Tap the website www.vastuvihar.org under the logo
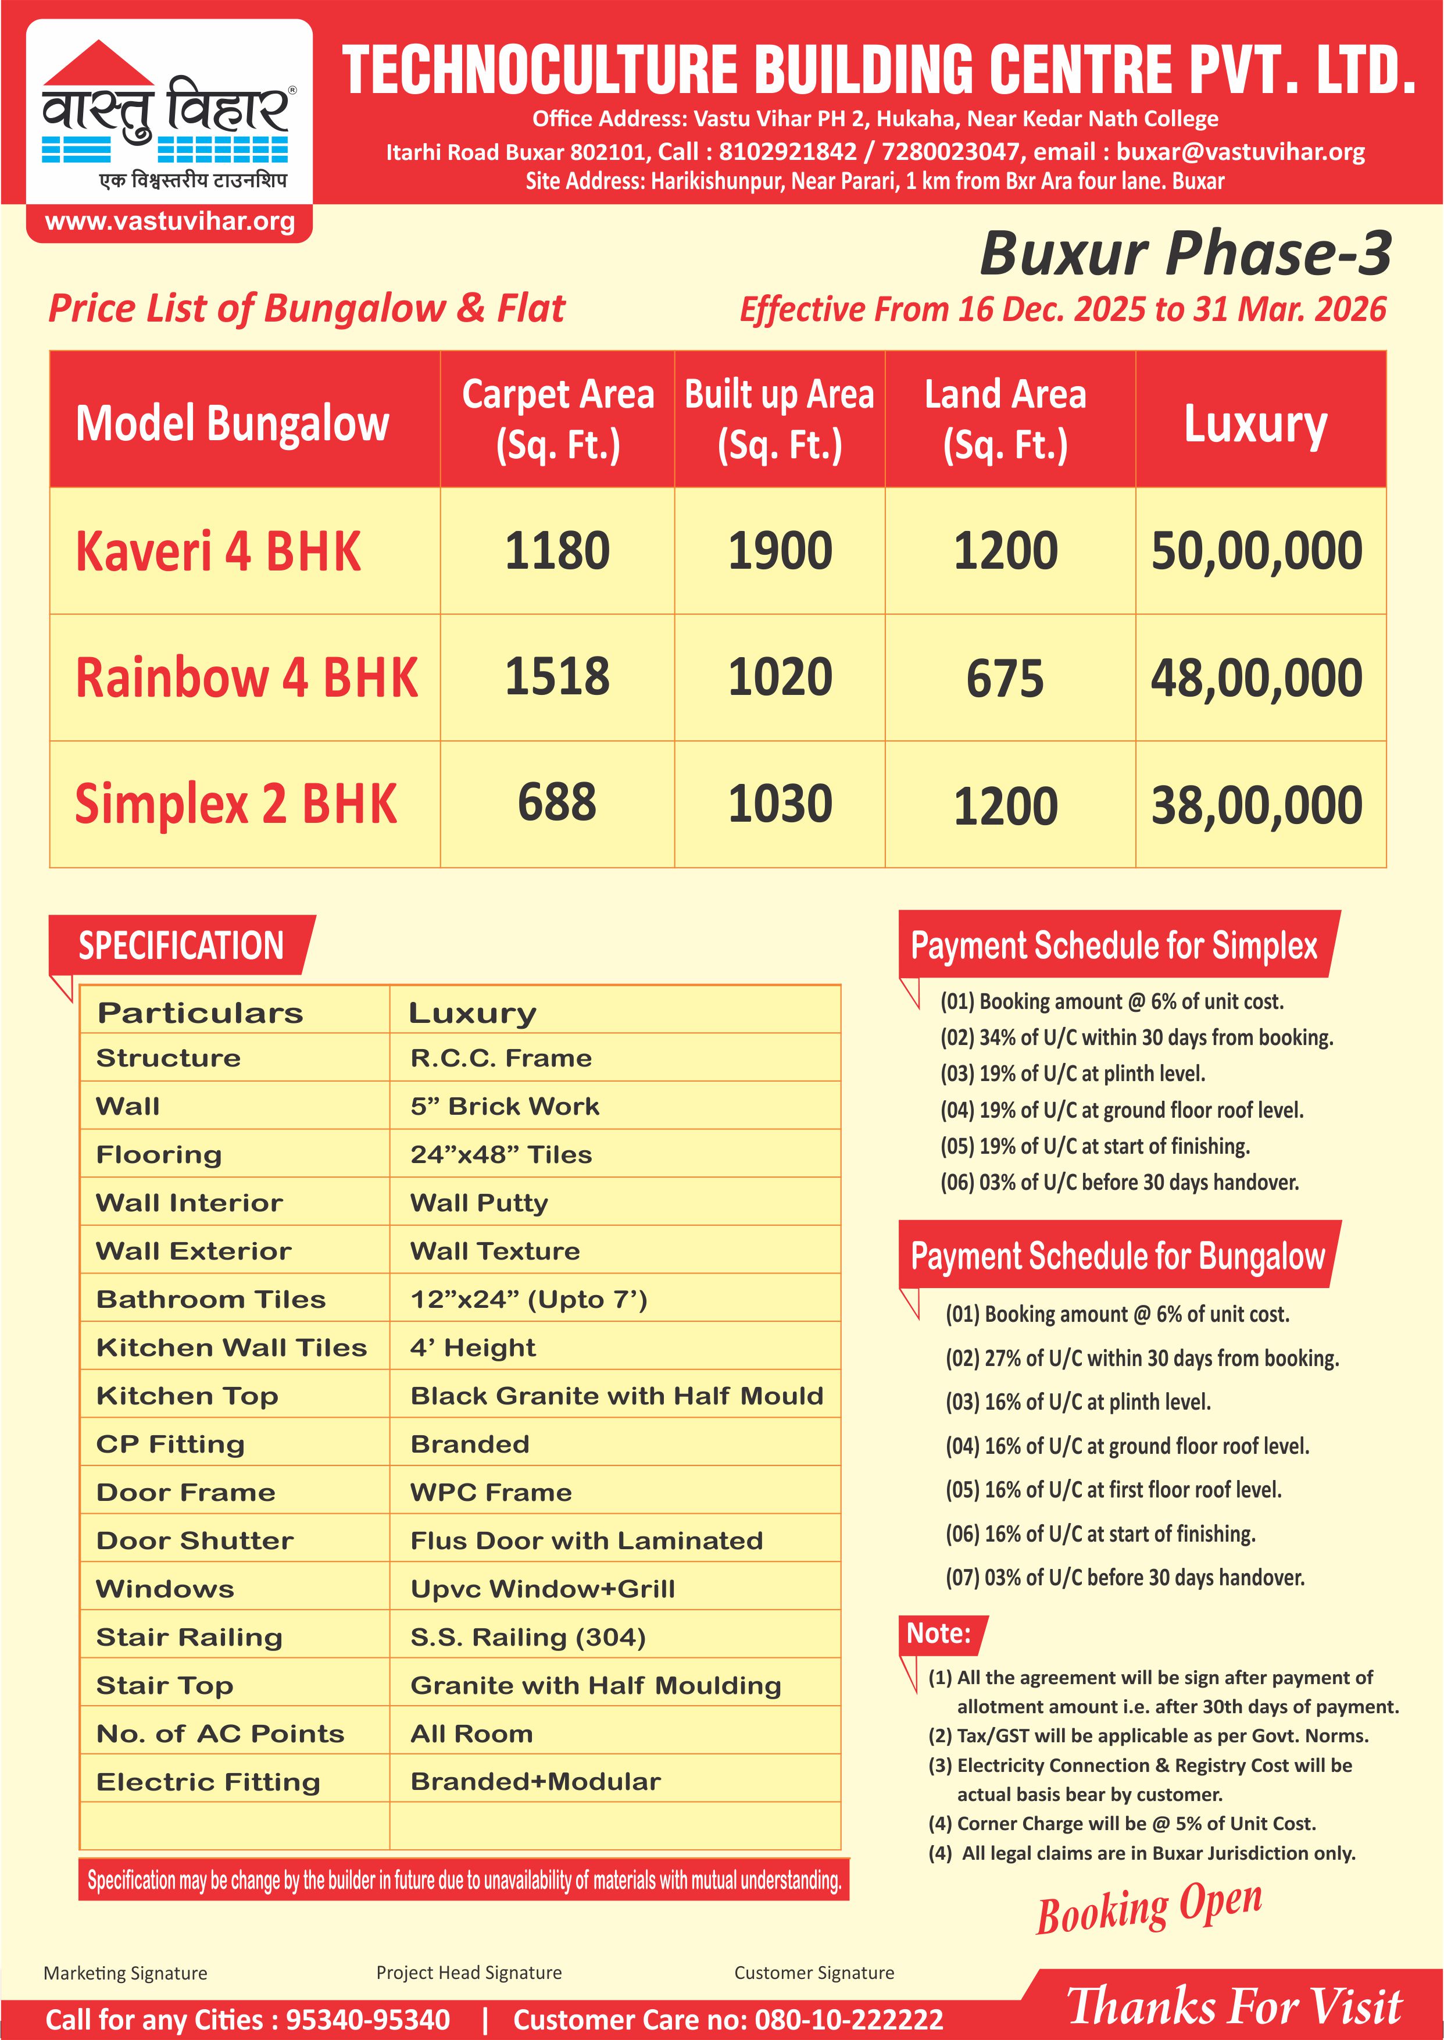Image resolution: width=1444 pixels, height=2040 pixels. click(170, 222)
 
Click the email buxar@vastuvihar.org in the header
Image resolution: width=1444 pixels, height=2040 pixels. click(1241, 152)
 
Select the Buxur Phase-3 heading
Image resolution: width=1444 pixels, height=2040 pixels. click(1185, 254)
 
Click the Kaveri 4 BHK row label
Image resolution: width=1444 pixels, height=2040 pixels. click(219, 551)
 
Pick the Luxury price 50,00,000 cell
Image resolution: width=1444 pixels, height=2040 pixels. click(1256, 551)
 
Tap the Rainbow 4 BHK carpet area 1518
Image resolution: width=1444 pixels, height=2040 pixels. click(557, 677)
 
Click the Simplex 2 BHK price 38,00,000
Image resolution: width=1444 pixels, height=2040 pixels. click(1256, 805)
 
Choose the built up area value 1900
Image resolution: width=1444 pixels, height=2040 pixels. click(780, 551)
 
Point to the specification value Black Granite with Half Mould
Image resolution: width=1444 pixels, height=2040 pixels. click(616, 1396)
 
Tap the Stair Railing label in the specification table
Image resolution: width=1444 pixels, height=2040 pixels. click(190, 1637)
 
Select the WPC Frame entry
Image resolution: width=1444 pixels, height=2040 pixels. click(491, 1492)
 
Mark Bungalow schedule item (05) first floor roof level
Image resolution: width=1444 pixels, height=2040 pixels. click(1113, 1489)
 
